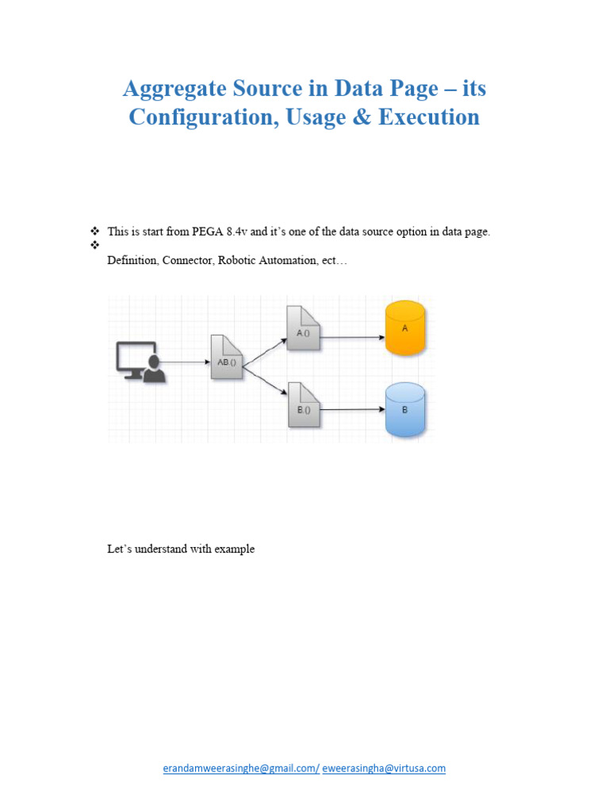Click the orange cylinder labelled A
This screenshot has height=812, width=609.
(x=404, y=328)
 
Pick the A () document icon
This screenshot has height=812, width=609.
(x=303, y=328)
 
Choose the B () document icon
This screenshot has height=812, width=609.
(x=303, y=405)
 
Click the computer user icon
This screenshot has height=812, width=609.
(x=141, y=362)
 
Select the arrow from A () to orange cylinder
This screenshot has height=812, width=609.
(x=351, y=336)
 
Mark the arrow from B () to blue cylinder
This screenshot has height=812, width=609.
(x=351, y=410)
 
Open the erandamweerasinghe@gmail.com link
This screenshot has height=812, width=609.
(x=240, y=768)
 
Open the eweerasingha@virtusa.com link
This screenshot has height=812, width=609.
(x=384, y=768)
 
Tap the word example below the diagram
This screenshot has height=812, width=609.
(x=234, y=549)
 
